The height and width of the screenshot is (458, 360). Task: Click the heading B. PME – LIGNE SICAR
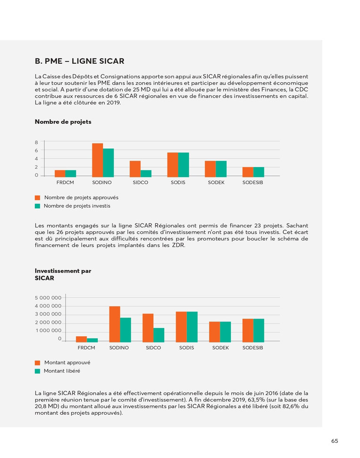coord(80,61)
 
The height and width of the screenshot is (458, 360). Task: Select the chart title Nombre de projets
coord(63,122)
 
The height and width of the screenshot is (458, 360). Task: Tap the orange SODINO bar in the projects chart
coord(97,160)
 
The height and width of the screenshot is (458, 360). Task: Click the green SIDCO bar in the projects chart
coord(146,173)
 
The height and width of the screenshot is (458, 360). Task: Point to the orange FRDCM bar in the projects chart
coord(60,173)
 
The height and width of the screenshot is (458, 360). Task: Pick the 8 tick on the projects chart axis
coord(36,142)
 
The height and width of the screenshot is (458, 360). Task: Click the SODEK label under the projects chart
coord(216,182)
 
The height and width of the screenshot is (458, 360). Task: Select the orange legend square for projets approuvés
coord(38,198)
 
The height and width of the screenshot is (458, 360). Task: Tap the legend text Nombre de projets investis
coord(77,206)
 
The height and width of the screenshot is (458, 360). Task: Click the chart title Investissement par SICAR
coord(63,274)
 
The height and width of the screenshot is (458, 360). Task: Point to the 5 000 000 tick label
coord(49,298)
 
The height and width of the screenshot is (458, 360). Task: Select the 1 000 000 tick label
coord(49,331)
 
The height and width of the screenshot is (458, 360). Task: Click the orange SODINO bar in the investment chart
coord(115,324)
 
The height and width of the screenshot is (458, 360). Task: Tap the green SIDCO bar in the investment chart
coord(159,334)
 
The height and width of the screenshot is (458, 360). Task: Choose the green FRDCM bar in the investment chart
coord(92,339)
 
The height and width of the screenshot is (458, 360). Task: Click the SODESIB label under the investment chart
coord(253,348)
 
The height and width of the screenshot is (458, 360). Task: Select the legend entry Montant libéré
coord(62,371)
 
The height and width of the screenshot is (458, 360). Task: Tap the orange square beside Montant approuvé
coord(38,363)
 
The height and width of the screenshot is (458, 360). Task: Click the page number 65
coord(335,441)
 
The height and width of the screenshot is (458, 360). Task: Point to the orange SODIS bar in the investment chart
coord(181,326)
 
